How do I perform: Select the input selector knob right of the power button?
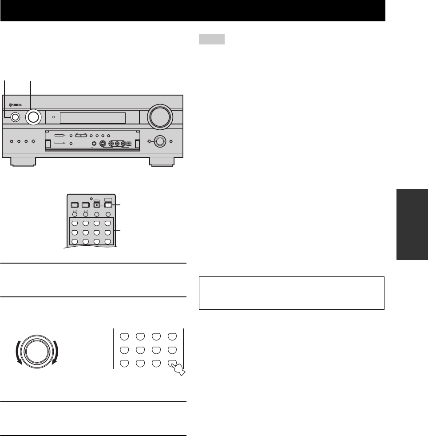(x=33, y=116)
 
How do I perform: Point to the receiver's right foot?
(x=163, y=161)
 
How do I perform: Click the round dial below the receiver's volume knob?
(x=160, y=142)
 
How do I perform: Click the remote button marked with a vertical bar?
(x=107, y=205)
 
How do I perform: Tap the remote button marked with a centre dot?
(x=96, y=205)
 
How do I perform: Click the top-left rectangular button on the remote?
(x=75, y=205)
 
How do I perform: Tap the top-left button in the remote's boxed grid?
(x=75, y=223)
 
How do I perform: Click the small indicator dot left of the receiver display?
(x=53, y=117)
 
